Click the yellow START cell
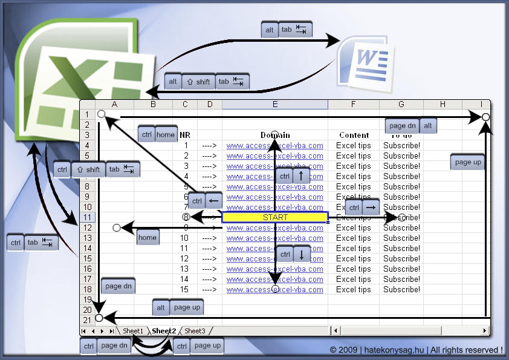275,217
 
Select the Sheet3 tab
195,331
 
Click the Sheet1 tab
133,331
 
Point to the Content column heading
354,136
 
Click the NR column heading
185,136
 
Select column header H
443,105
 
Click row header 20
88,309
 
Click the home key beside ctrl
166,135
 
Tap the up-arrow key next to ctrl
301,177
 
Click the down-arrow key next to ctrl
301,255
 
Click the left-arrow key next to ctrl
213,200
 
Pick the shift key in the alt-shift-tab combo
198,82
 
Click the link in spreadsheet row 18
275,289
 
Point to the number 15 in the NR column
184,289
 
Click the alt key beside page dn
428,126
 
